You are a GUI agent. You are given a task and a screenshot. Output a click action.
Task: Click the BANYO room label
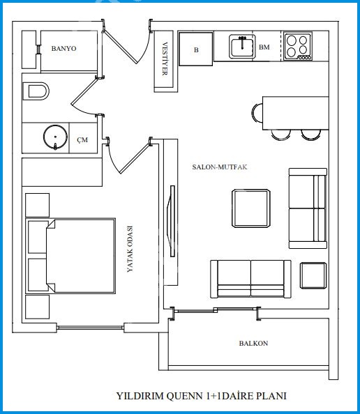(x=63, y=49)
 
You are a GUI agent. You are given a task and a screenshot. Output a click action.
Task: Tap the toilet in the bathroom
(x=36, y=91)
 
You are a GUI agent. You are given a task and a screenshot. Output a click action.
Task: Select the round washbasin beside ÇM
(x=55, y=137)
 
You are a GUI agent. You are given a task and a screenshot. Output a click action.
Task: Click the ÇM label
(x=82, y=140)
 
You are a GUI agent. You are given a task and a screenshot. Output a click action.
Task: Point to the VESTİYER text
(x=165, y=59)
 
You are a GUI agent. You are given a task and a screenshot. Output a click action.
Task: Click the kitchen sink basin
(x=242, y=47)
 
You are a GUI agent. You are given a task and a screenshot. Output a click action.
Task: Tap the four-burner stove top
(x=298, y=47)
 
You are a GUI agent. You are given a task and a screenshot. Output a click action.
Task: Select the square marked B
(x=196, y=49)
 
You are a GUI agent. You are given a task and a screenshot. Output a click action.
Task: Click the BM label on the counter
(x=264, y=47)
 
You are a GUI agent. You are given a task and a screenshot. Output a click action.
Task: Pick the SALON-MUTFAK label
(x=220, y=167)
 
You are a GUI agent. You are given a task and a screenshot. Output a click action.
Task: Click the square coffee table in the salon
(x=251, y=208)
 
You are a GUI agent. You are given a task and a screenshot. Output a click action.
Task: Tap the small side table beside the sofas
(x=313, y=275)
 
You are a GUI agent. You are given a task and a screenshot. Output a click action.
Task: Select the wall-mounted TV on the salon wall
(x=172, y=221)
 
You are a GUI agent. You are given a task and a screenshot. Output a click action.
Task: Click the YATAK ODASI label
(x=130, y=249)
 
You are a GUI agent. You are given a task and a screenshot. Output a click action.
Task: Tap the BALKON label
(x=253, y=343)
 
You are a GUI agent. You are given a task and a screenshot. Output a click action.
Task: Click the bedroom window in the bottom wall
(x=90, y=328)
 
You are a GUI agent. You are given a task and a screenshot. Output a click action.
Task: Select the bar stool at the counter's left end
(x=257, y=113)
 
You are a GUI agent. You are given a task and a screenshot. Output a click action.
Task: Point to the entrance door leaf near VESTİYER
(x=120, y=47)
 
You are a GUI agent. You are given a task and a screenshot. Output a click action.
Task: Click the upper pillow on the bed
(x=38, y=237)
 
